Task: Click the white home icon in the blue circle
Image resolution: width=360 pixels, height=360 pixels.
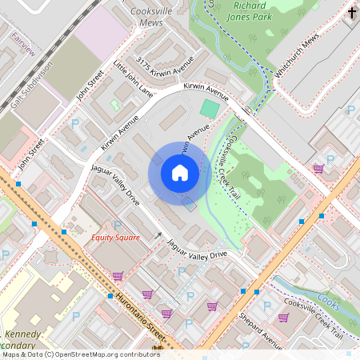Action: click(x=179, y=172)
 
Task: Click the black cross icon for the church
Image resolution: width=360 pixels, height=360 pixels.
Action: click(x=353, y=13)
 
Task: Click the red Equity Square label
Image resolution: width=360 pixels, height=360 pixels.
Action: click(x=115, y=238)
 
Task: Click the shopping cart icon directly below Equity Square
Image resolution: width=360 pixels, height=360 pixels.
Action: click(x=118, y=275)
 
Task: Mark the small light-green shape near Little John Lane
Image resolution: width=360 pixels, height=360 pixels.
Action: click(x=114, y=104)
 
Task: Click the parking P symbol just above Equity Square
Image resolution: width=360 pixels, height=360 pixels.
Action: click(x=118, y=225)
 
